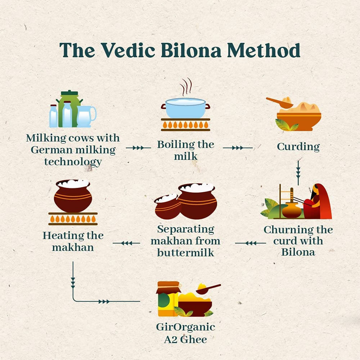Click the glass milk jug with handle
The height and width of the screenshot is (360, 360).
tap(86, 116)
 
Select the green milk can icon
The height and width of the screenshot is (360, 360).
tap(70, 108)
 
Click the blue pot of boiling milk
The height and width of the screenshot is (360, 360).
tap(185, 108)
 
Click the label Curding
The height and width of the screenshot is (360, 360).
tap(298, 147)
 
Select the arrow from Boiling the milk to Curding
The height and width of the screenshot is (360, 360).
tap(238, 148)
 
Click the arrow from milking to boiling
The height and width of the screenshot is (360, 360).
tap(139, 148)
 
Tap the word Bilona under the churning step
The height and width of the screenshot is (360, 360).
tap(298, 252)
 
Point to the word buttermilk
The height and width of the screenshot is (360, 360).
tap(185, 252)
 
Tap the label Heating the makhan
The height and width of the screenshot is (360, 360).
tap(73, 242)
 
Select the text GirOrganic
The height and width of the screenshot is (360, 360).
tap(185, 327)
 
